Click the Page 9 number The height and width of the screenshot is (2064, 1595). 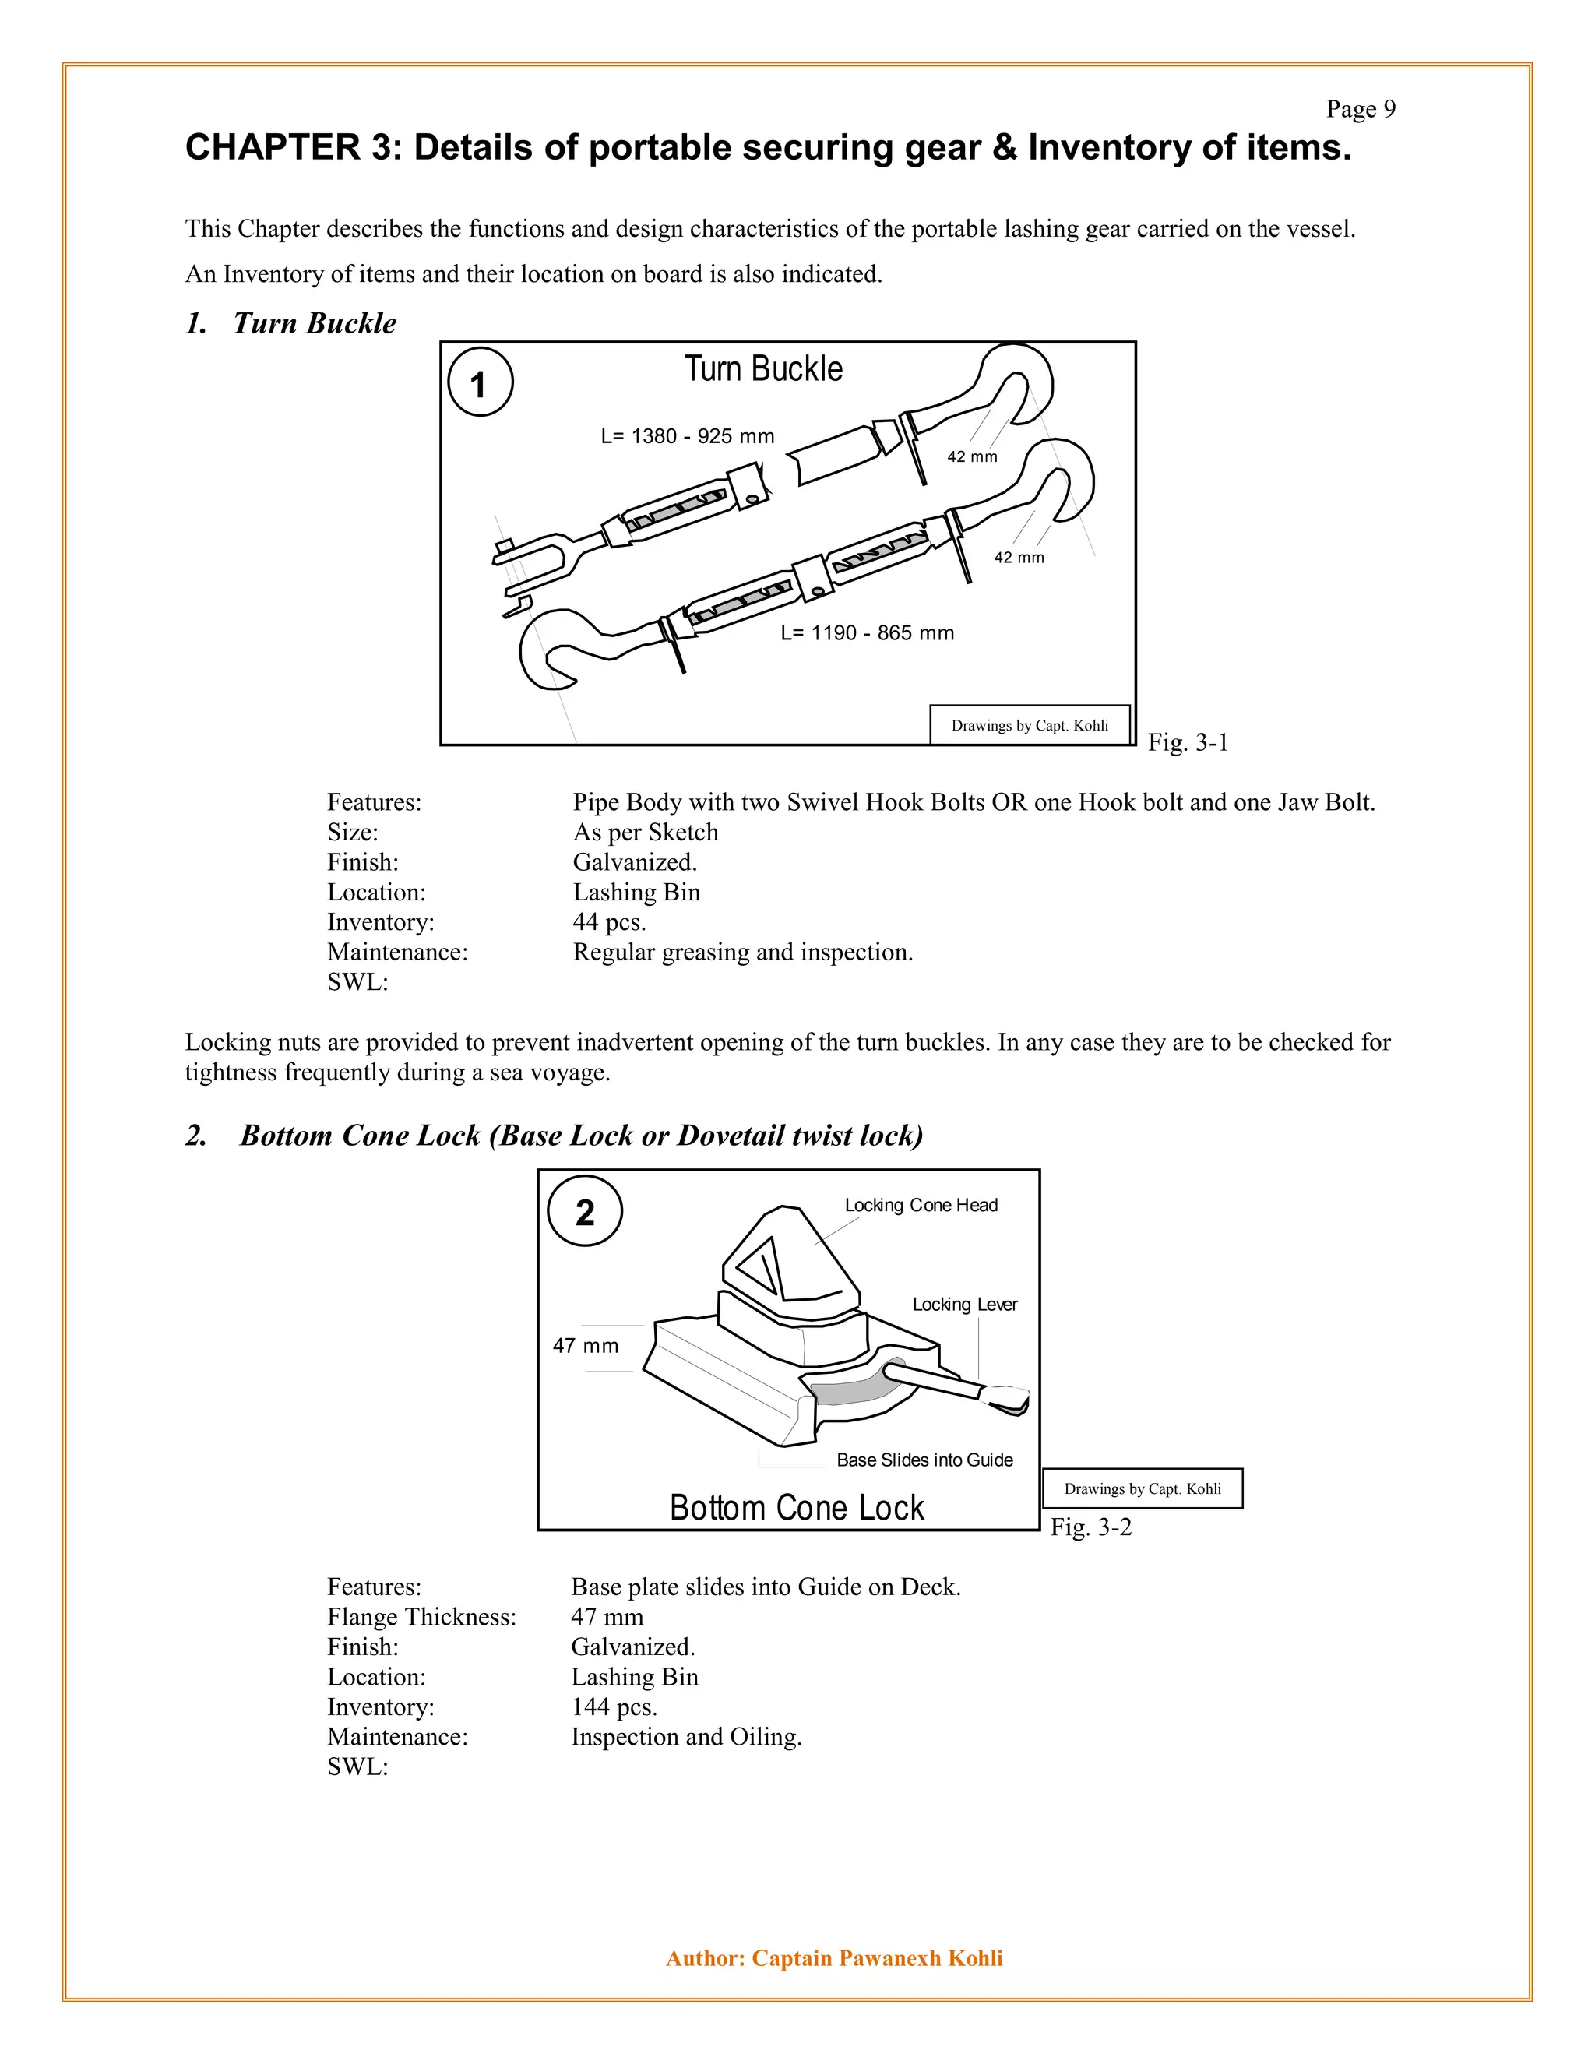(1360, 110)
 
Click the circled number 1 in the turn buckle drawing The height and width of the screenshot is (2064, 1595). (479, 384)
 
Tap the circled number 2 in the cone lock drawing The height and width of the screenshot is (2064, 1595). (585, 1212)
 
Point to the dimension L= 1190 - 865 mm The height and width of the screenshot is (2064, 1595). (867, 633)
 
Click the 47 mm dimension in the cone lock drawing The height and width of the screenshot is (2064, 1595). (585, 1346)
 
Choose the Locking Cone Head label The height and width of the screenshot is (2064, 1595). (921, 1205)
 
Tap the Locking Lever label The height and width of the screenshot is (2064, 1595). (964, 1304)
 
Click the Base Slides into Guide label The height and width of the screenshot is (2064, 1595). (924, 1460)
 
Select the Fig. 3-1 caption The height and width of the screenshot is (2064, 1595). (1188, 743)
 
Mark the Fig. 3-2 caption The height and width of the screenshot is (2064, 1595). (1090, 1527)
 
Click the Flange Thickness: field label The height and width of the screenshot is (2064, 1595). (421, 1617)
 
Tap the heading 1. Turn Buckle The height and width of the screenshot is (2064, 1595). (291, 323)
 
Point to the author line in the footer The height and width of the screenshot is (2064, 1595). (833, 1958)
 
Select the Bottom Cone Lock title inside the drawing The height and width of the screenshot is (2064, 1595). (796, 1507)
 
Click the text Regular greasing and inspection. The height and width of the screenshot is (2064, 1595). (743, 952)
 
